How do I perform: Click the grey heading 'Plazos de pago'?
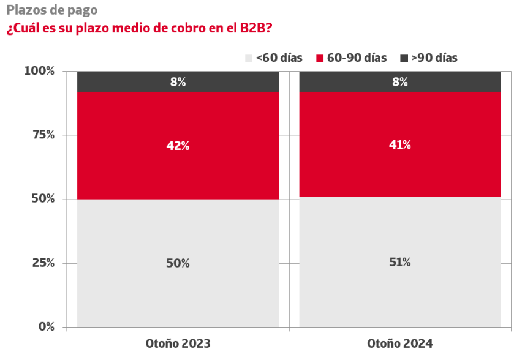click(52, 10)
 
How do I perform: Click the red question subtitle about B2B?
click(139, 28)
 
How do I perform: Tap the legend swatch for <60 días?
click(249, 58)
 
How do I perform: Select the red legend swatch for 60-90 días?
click(320, 58)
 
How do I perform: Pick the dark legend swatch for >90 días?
click(404, 58)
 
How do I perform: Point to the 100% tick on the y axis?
click(39, 71)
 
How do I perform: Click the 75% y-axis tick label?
click(43, 135)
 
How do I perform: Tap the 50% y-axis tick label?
click(43, 198)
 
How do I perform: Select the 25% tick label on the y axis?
click(43, 263)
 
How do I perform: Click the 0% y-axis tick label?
click(47, 327)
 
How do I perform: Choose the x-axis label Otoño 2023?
click(178, 343)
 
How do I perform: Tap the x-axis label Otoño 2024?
click(400, 343)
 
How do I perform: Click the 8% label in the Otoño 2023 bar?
click(178, 82)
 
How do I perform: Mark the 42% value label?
click(178, 146)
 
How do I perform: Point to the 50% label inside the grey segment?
click(178, 263)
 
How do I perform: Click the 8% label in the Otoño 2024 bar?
click(400, 82)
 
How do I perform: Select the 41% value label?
click(400, 144)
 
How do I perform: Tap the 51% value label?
click(400, 262)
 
